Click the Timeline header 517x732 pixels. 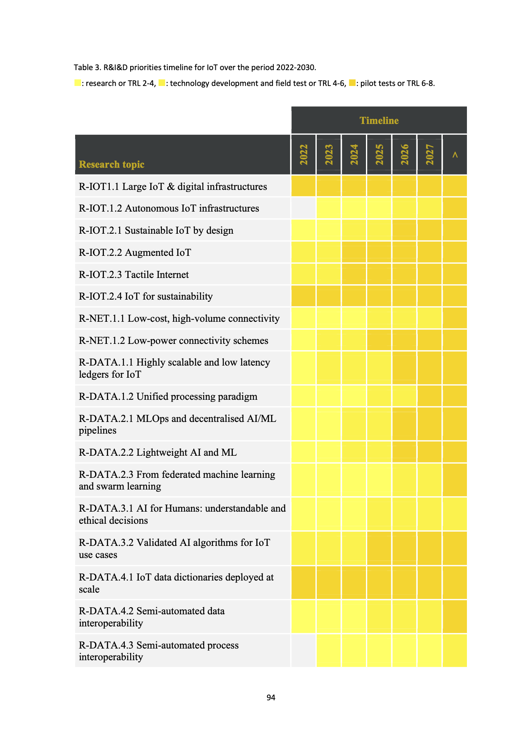(379, 121)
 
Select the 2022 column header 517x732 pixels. (304, 154)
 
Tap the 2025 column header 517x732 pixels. (379, 154)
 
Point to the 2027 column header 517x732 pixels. (430, 154)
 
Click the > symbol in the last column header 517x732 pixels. (455, 155)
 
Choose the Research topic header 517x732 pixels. (111, 164)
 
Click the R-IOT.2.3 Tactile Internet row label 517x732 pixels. (134, 275)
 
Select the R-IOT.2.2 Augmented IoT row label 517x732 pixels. (135, 252)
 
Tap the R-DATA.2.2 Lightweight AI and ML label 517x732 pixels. (157, 452)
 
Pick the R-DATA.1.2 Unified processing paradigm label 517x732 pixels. (168, 396)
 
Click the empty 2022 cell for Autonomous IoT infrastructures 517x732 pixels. (303, 208)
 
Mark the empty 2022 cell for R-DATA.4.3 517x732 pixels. (303, 651)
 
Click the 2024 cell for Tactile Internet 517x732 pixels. (354, 275)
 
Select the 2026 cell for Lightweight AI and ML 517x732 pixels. (404, 452)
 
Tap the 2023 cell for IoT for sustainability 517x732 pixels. (329, 296)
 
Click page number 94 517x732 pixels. (271, 697)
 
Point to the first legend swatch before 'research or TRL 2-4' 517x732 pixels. (77, 83)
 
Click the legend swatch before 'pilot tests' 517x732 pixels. (352, 83)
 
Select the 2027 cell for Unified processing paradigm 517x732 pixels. (430, 396)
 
